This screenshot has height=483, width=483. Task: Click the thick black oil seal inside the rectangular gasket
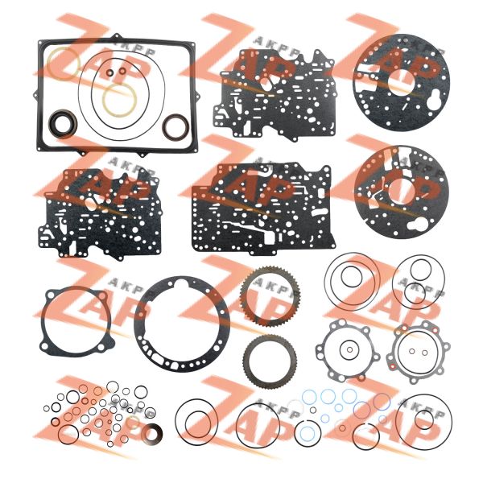click(52, 123)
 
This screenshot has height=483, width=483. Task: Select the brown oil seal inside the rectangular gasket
click(165, 126)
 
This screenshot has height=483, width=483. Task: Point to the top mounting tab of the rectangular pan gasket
click(117, 36)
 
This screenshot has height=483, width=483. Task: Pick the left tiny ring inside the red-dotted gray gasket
click(412, 351)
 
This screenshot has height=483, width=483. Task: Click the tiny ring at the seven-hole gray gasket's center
click(349, 349)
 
